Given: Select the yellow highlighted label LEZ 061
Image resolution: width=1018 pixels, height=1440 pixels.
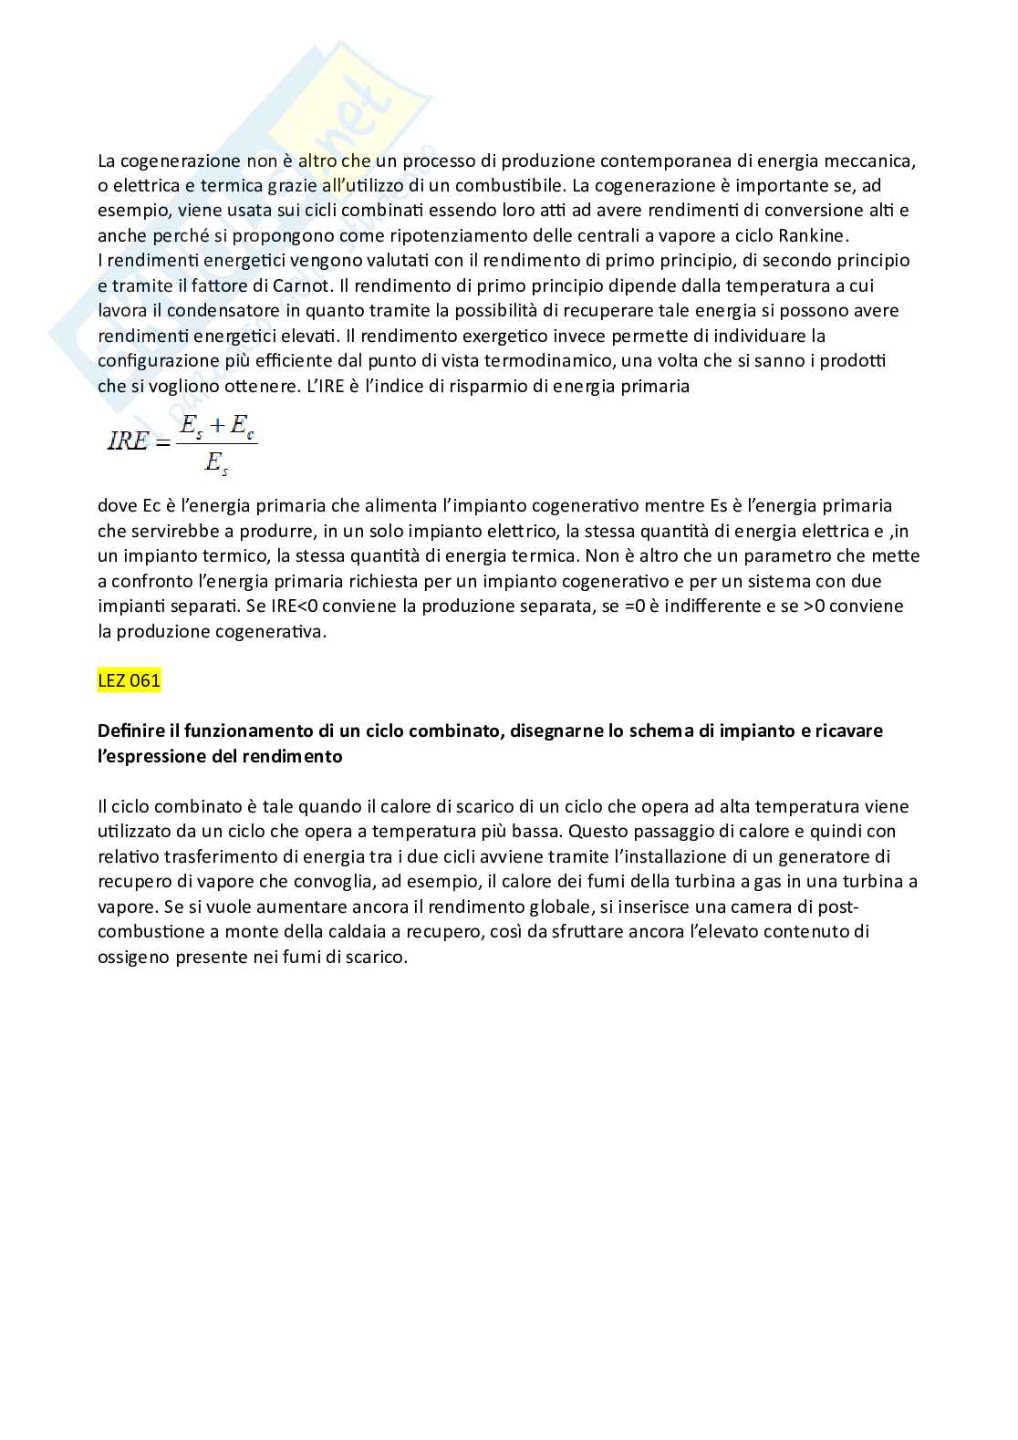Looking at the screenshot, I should (129, 680).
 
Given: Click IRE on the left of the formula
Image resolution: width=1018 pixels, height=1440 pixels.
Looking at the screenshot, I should (127, 442).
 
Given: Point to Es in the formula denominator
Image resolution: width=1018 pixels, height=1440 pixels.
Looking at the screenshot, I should (216, 464).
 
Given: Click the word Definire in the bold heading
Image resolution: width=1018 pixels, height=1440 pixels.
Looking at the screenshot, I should (138, 730).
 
